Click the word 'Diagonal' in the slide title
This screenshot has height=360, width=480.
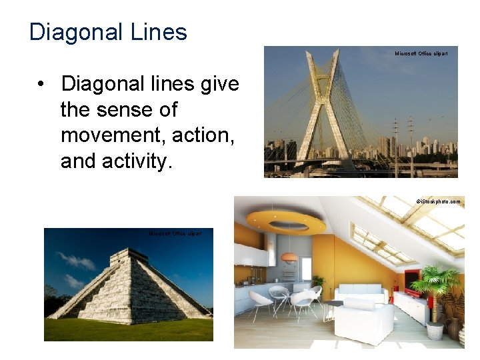coord(71,32)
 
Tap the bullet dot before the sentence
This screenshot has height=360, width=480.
coord(41,85)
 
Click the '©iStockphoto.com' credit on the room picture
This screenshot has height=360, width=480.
coord(438,201)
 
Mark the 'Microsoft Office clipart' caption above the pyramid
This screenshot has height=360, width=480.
coord(175,234)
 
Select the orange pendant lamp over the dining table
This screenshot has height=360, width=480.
coord(289,257)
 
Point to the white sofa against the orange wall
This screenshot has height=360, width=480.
coord(360,293)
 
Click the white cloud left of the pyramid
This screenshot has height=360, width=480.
coord(77,262)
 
